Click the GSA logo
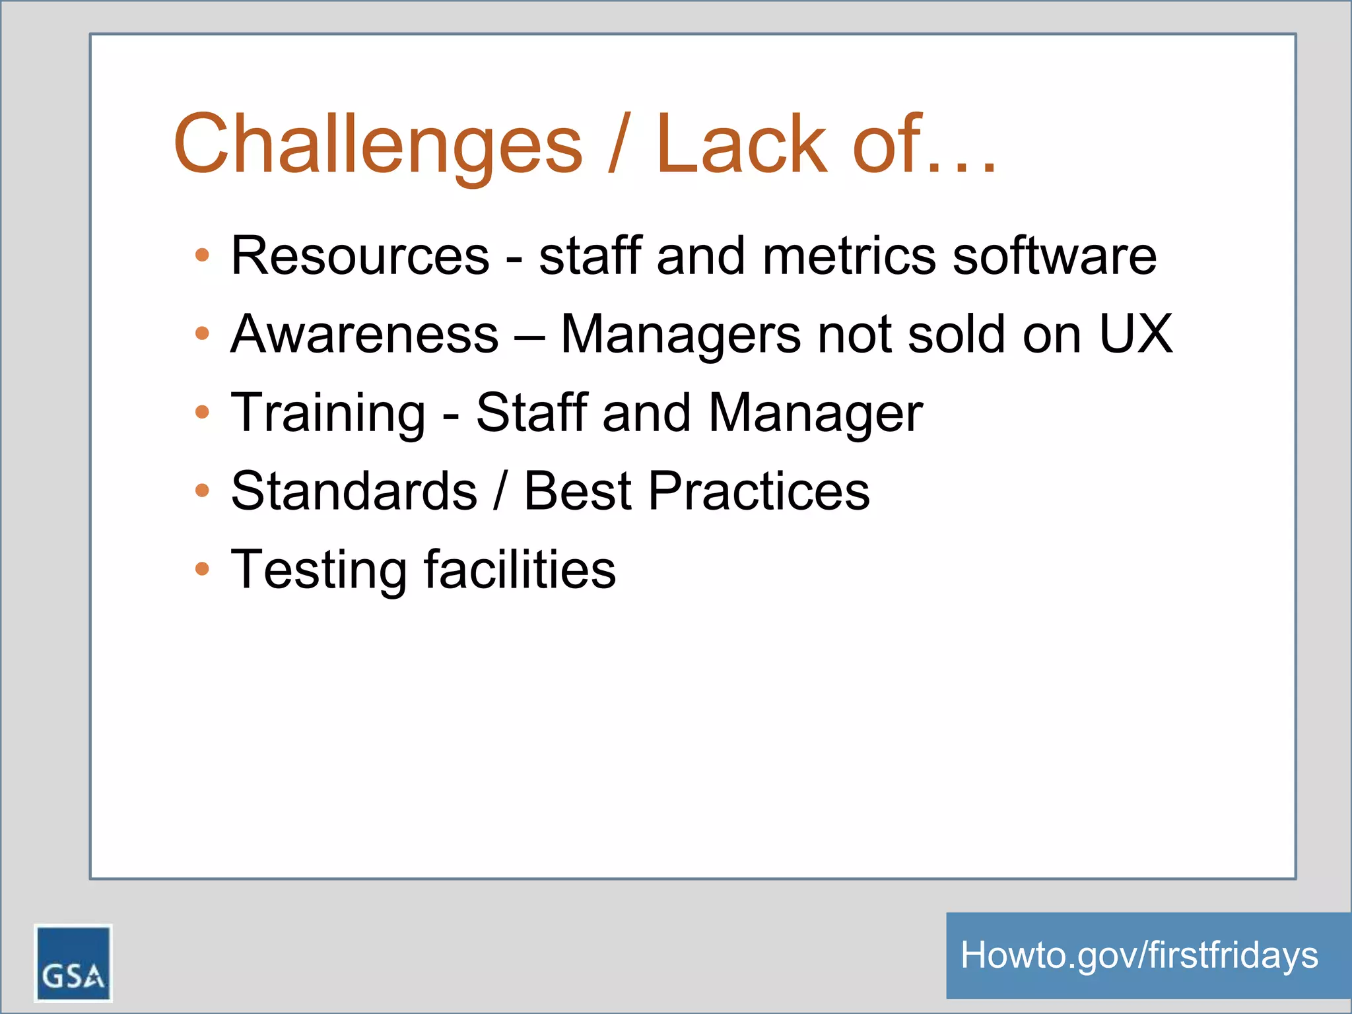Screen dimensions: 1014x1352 (73, 963)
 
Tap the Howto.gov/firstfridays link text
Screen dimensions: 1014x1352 (1139, 955)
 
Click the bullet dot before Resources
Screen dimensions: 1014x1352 (203, 255)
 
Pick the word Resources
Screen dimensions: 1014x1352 (360, 255)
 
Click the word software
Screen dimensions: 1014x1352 (1054, 255)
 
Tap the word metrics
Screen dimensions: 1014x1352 (849, 255)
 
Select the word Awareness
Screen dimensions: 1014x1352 (364, 334)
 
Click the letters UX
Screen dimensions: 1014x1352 (1135, 334)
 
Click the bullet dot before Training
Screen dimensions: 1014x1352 (203, 413)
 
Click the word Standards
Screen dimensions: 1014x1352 (354, 491)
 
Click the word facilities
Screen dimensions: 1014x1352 (520, 570)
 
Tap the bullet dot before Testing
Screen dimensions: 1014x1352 (203, 569)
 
